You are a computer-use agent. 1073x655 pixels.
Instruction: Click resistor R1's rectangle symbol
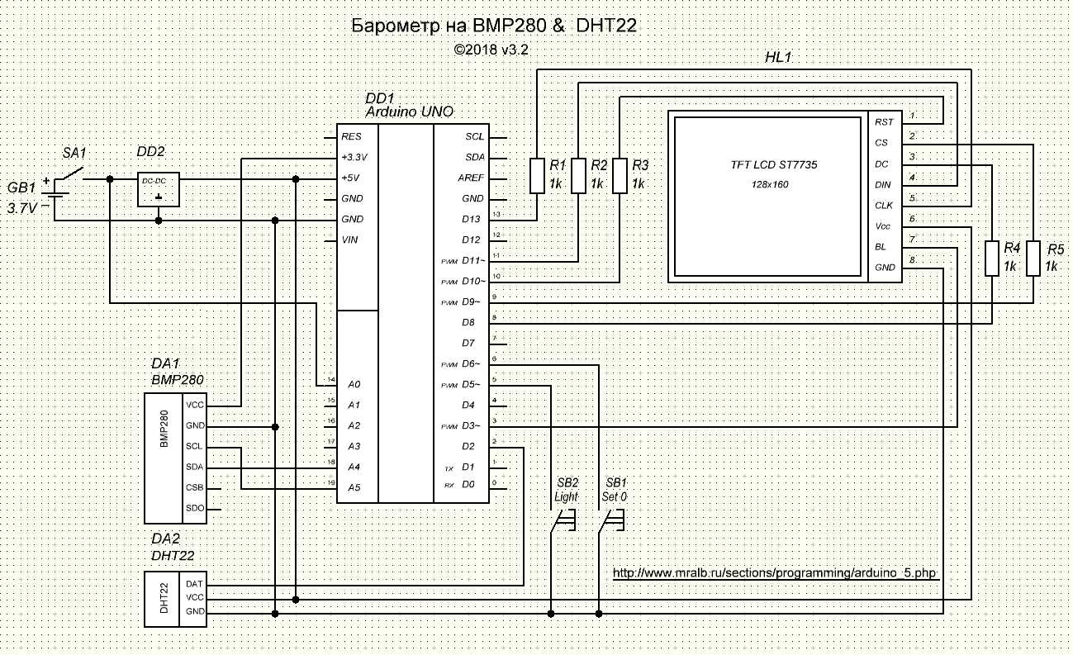537,175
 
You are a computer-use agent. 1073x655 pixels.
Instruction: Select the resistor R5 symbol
1033,258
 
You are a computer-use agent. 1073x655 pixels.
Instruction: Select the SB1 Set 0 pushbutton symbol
612,520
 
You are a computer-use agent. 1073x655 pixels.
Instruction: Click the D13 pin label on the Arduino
472,220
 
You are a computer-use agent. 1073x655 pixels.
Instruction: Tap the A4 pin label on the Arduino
354,467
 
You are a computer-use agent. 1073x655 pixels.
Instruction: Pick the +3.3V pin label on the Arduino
356,157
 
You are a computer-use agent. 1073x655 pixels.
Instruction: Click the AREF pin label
471,178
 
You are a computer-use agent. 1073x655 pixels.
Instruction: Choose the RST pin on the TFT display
884,122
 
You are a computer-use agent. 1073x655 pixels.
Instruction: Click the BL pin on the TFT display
881,247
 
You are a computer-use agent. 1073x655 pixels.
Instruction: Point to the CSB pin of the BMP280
195,487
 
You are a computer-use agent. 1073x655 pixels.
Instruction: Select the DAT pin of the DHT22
195,583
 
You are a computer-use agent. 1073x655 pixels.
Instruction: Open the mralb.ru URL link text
776,572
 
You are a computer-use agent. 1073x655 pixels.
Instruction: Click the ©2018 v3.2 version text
491,50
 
